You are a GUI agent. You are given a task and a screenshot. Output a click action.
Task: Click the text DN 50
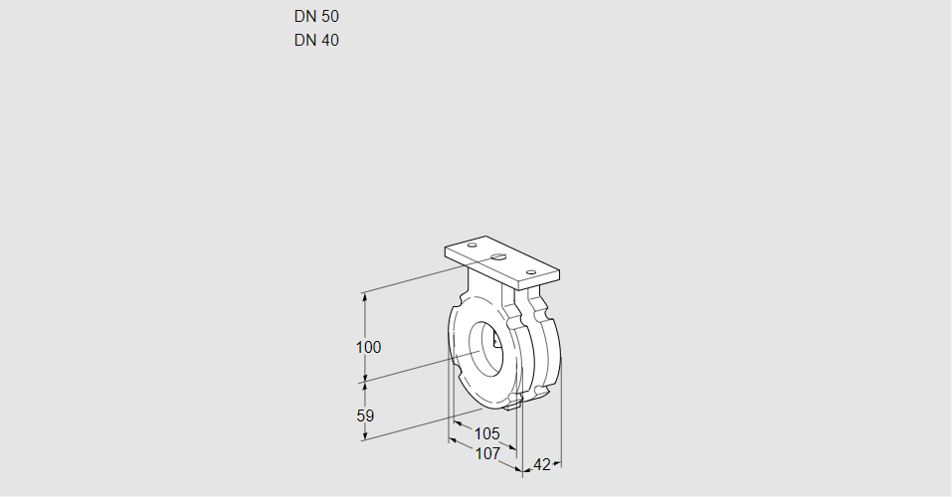tap(316, 16)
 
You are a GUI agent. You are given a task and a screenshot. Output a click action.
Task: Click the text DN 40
tap(316, 41)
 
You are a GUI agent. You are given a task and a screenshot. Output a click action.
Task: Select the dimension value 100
tap(368, 347)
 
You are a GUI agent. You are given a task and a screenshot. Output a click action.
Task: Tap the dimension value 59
tap(365, 415)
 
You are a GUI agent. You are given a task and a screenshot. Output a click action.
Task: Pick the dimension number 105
tap(486, 433)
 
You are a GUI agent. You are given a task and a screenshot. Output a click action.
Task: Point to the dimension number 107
tap(486, 453)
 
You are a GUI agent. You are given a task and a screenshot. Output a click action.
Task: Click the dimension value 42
tap(542, 464)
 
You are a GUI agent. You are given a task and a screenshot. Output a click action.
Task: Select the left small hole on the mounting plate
tap(472, 246)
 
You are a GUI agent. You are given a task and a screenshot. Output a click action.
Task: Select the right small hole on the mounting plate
tap(531, 271)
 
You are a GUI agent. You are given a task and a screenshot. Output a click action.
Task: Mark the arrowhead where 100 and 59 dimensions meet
tap(365, 379)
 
